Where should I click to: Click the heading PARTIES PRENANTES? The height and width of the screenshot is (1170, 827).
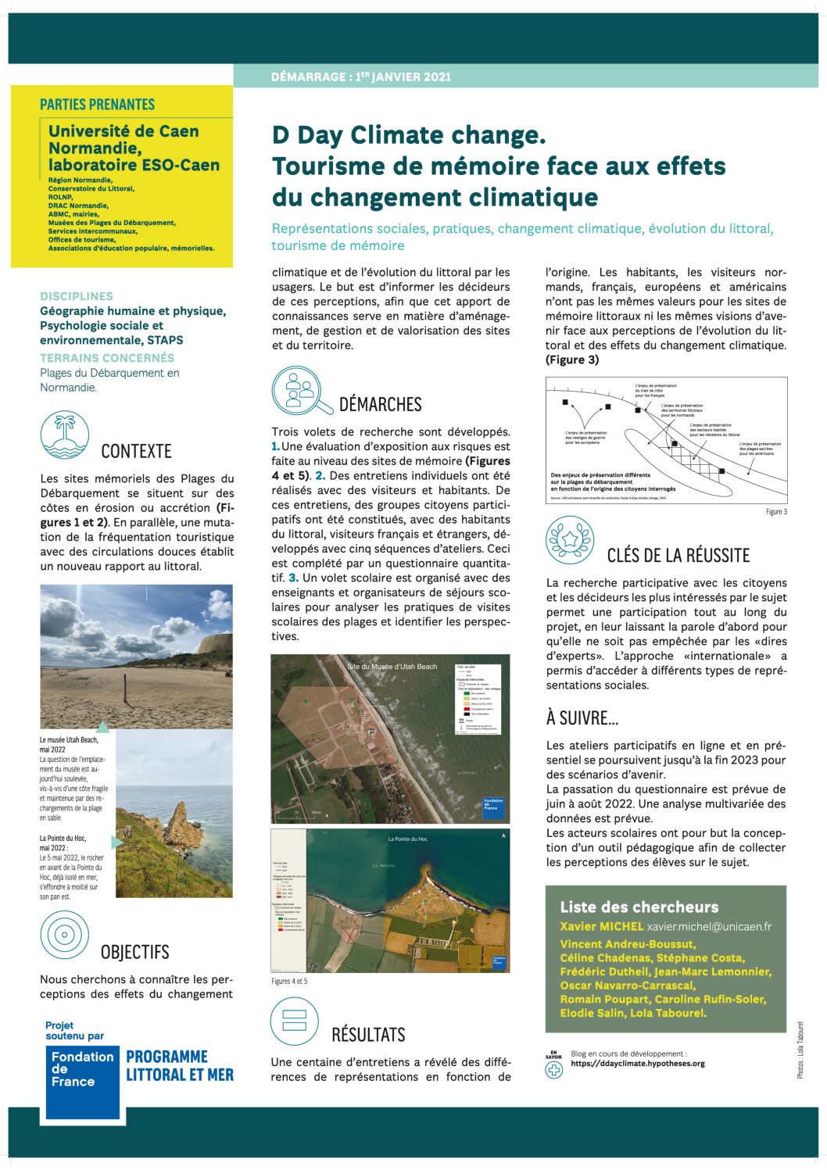pyautogui.click(x=98, y=105)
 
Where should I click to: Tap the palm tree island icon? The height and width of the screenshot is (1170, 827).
pyautogui.click(x=65, y=435)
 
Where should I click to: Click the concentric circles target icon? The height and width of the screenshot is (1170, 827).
pyautogui.click(x=64, y=935)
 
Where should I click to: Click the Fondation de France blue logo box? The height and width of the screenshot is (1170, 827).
pyautogui.click(x=82, y=1082)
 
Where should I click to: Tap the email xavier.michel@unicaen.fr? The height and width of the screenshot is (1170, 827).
pyautogui.click(x=709, y=926)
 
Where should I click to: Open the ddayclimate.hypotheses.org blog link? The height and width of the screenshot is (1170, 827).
pyautogui.click(x=638, y=1064)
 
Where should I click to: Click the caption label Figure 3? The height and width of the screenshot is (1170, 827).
pyautogui.click(x=775, y=512)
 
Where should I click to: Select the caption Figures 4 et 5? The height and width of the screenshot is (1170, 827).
pyautogui.click(x=289, y=981)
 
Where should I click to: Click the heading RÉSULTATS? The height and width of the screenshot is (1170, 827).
pyautogui.click(x=368, y=1035)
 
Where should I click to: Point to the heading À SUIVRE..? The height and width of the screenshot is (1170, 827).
pyautogui.click(x=582, y=718)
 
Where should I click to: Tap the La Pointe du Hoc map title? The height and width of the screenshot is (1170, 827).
pyautogui.click(x=407, y=839)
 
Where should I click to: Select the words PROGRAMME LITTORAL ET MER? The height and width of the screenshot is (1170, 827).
pyautogui.click(x=180, y=1066)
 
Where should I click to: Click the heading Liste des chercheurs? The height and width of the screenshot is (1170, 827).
pyautogui.click(x=639, y=907)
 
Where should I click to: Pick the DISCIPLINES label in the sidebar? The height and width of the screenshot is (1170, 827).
pyautogui.click(x=77, y=296)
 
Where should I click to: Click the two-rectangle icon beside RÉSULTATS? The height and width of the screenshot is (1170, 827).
pyautogui.click(x=294, y=1021)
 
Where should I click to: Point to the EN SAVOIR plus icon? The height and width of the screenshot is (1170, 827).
pyautogui.click(x=553, y=1068)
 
